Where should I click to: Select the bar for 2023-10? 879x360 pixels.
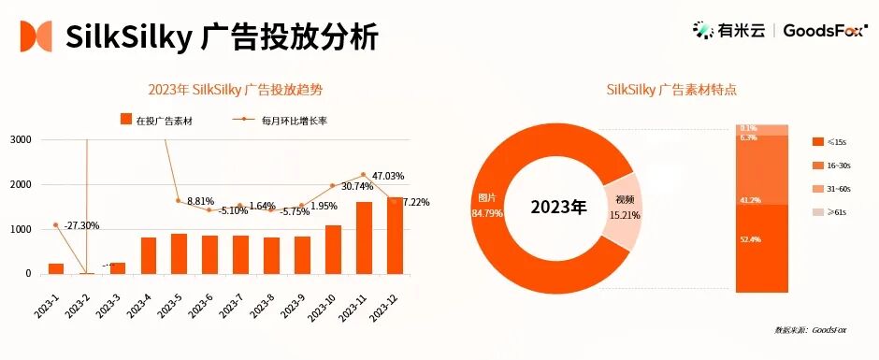(334, 250)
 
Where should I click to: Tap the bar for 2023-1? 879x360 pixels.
(56, 268)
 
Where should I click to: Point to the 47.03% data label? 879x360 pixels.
(387, 176)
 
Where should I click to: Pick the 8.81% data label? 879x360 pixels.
(201, 201)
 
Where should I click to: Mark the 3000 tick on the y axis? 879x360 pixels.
(21, 140)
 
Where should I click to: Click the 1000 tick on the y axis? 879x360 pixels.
(21, 229)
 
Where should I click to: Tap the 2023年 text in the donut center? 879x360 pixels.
(558, 207)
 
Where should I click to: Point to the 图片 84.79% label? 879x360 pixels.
(490, 205)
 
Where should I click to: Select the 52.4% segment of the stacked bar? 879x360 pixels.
(762, 248)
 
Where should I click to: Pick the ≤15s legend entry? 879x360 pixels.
(829, 141)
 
